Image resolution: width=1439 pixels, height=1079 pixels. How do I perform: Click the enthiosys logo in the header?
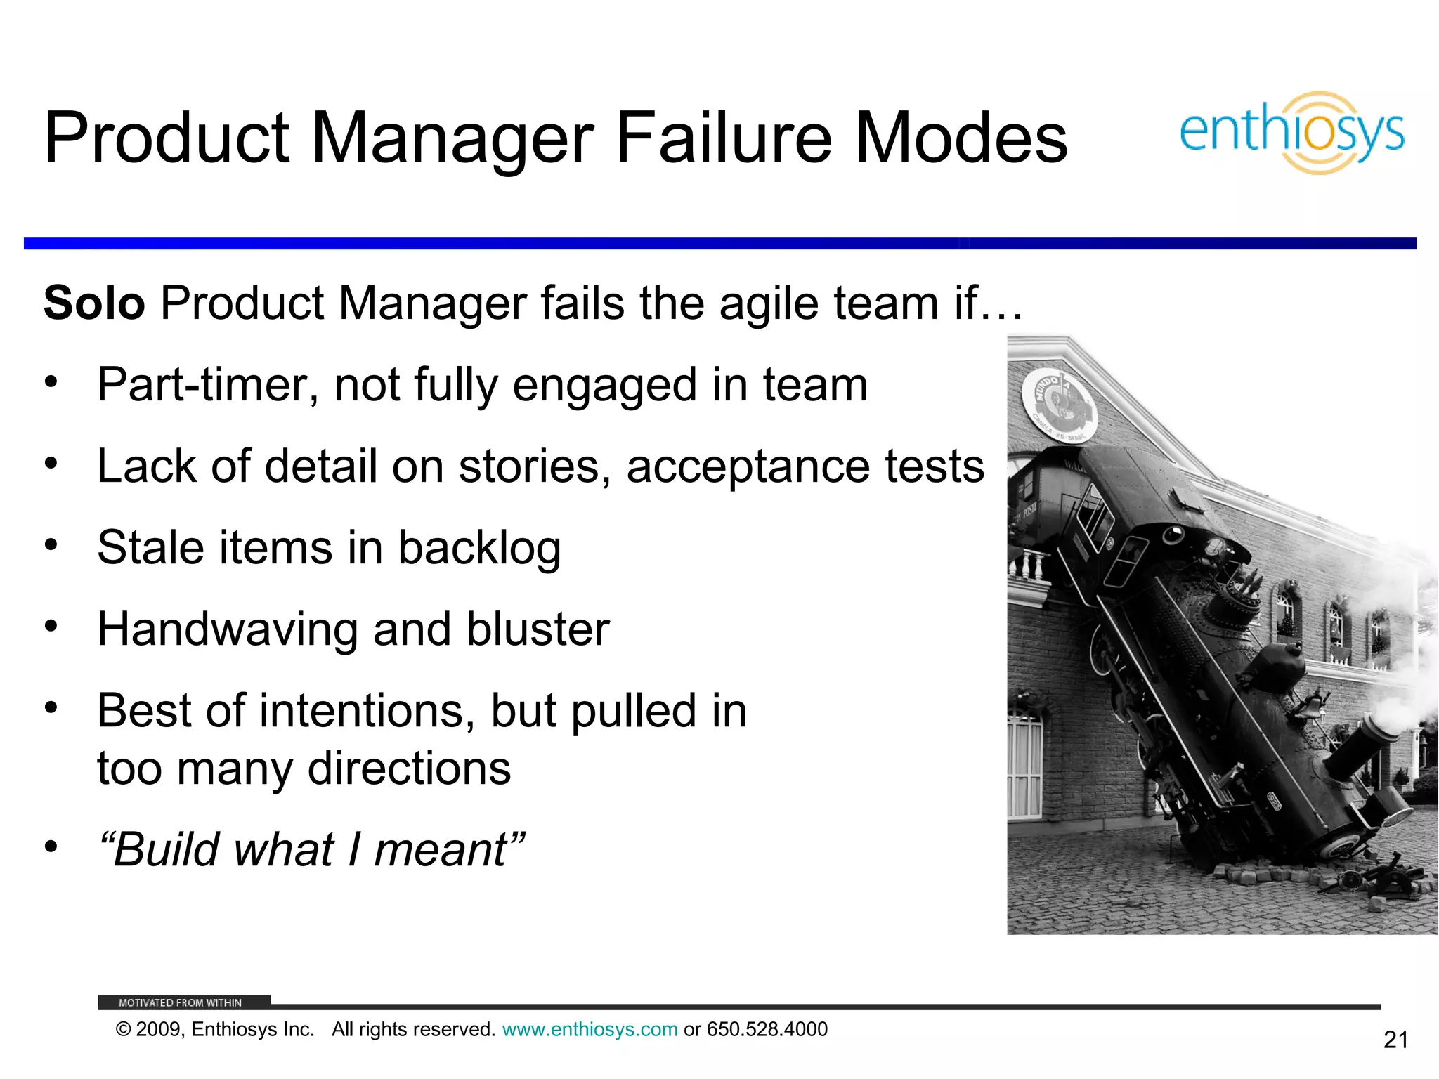(1291, 133)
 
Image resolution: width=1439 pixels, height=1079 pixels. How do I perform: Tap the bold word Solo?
(94, 303)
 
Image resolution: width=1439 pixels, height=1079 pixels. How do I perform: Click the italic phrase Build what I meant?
(311, 849)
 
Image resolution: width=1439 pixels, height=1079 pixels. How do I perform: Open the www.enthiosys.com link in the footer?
(590, 1029)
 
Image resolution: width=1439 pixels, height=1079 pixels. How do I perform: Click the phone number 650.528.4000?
(767, 1029)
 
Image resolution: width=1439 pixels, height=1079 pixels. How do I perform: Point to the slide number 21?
(1395, 1040)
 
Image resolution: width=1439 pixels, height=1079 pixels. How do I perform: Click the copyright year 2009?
(159, 1029)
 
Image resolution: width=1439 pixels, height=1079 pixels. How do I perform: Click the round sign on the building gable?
(1057, 405)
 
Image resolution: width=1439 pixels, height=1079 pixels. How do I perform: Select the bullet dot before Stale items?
(51, 544)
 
